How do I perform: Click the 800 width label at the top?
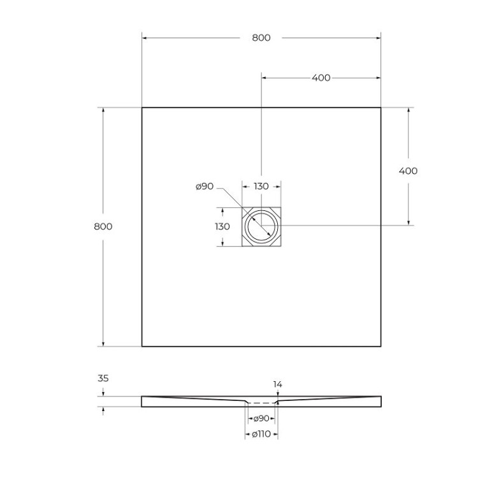coord(261,38)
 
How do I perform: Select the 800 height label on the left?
coord(103,226)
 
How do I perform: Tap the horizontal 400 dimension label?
coord(321,78)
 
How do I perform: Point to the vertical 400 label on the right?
coord(408,171)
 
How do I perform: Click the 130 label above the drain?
coord(261,186)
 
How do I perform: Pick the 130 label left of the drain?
coord(222,226)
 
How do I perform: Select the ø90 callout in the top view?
coord(205,186)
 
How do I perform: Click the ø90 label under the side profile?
coord(261,419)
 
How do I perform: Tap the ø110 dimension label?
coord(261,434)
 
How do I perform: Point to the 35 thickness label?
coord(103,378)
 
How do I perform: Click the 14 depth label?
coord(277,384)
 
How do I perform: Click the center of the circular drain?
coord(261,226)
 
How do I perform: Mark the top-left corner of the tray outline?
coord(141,107)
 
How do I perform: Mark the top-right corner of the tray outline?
coord(381,107)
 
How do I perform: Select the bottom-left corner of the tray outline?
coord(141,346)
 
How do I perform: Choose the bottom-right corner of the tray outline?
coord(381,346)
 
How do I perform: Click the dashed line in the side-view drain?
coord(261,403)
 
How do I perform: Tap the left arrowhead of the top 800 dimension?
coord(144,38)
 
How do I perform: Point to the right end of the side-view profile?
coord(380,400)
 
